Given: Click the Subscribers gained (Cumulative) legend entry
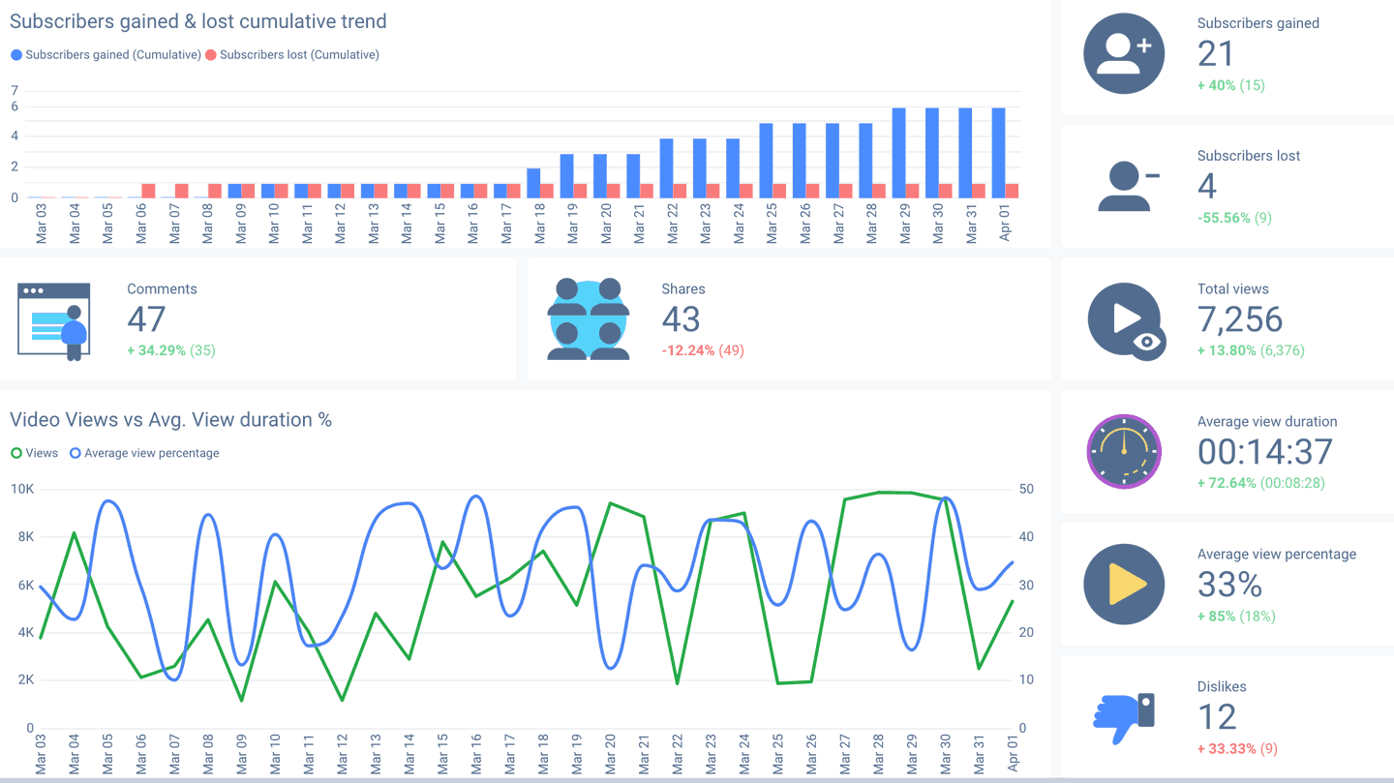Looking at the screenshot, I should [x=106, y=55].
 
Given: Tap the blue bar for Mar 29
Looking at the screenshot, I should [x=898, y=153].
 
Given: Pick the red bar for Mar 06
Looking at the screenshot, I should [x=148, y=191].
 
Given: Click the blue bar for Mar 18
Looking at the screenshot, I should [x=533, y=183].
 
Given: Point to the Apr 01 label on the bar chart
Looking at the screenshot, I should [x=1005, y=223].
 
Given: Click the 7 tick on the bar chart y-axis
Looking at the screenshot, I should [x=15, y=91].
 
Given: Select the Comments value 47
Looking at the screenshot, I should [x=146, y=319].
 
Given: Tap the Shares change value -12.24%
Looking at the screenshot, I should [x=687, y=350].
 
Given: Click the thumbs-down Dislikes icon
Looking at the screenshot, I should [x=1124, y=717].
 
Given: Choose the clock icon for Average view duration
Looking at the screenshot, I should [x=1123, y=451].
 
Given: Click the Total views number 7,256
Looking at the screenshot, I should [x=1240, y=319].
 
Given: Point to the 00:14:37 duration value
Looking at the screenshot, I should [x=1265, y=452].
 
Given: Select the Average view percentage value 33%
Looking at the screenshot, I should [x=1229, y=585].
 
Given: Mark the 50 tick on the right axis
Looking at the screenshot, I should [x=1025, y=490].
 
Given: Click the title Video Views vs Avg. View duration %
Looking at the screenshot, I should [x=170, y=420].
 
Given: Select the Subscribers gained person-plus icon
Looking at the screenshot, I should [x=1123, y=53].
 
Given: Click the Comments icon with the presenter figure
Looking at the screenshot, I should [x=54, y=320].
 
